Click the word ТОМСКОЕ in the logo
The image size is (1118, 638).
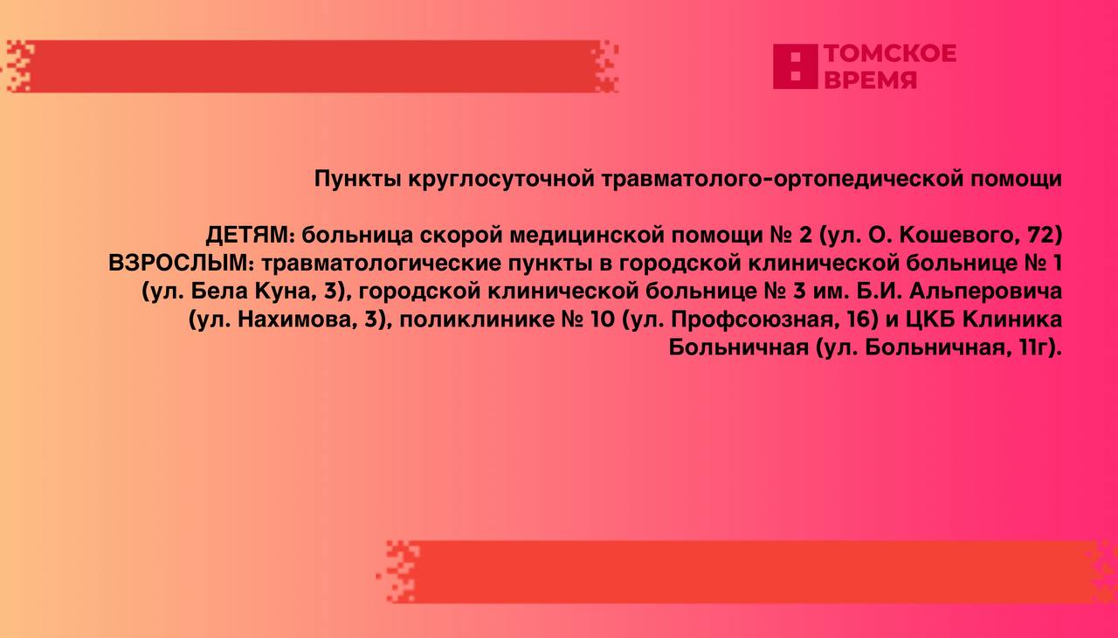[890, 54]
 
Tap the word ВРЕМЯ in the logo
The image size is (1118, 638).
[871, 79]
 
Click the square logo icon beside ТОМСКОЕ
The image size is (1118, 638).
[795, 66]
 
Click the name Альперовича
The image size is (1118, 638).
[985, 292]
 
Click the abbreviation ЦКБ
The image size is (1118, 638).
[930, 319]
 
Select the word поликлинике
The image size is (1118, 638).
[477, 319]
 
